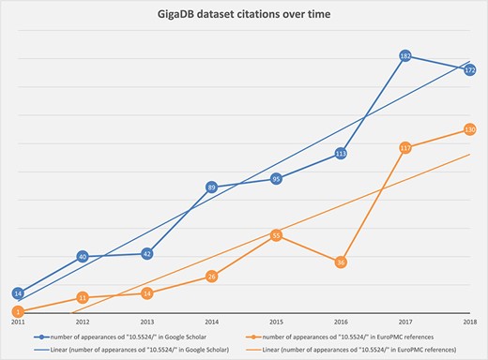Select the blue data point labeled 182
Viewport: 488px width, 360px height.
405,57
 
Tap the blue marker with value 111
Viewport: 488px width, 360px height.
341,153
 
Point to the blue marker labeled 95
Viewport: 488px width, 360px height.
276,178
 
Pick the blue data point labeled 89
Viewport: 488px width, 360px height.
212,187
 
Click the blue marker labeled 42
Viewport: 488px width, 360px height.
147,253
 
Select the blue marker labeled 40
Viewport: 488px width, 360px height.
83,256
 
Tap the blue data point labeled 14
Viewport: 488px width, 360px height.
18,292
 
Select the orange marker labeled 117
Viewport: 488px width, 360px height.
405,148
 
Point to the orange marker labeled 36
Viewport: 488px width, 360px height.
341,262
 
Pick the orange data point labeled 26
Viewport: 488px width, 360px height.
212,277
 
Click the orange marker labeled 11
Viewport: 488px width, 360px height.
83,297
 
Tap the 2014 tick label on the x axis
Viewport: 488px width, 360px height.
212,322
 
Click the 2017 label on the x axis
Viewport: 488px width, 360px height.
405,322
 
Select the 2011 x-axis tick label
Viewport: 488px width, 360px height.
18,322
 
